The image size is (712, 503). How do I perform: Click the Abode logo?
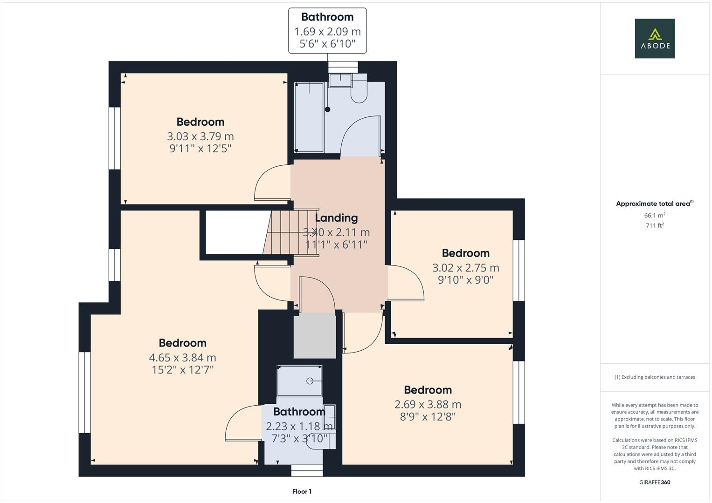pos(654,38)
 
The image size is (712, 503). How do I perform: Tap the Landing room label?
pos(336,218)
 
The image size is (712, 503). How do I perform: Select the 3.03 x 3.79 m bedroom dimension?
pos(200,136)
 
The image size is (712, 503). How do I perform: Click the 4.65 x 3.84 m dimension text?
pos(182,358)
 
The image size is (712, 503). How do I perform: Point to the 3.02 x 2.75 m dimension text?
pos(465,268)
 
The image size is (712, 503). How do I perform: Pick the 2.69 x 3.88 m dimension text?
pos(428,404)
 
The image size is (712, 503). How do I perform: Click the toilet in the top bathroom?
pos(359,90)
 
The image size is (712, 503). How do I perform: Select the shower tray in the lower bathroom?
pos(299,381)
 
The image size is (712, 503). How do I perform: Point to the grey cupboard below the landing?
pos(314,335)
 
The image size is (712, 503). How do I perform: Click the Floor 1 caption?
pos(302,491)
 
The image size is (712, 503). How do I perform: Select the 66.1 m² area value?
pos(654,216)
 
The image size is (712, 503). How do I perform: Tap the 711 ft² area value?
pos(654,225)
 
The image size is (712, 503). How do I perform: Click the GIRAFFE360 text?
pos(654,482)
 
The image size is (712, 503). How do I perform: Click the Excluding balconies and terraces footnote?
pos(654,377)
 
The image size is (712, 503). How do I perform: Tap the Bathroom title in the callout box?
pos(327,17)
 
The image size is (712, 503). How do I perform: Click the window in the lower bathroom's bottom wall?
pos(307,471)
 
